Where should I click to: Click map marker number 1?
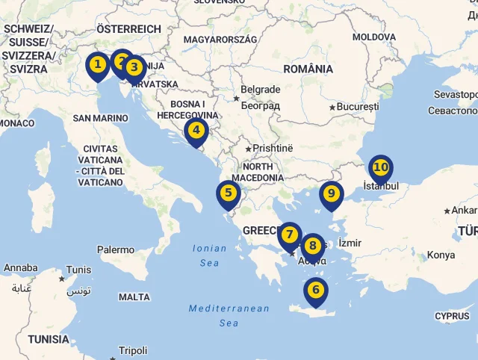pos(97,65)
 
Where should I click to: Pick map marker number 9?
pos(331,194)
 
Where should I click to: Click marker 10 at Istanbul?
pos(380,168)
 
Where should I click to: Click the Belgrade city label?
pos(260,90)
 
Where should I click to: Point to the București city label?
pos(358,107)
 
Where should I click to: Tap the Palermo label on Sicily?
pos(116,249)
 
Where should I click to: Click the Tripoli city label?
pos(133,350)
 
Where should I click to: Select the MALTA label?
pos(134,297)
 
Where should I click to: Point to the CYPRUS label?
pos(453,316)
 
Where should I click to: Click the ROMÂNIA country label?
pos(308,69)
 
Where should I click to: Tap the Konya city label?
pos(441,255)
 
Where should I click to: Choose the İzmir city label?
pos(350,243)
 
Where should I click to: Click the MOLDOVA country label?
pos(374,37)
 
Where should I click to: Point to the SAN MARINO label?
pos(101,118)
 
